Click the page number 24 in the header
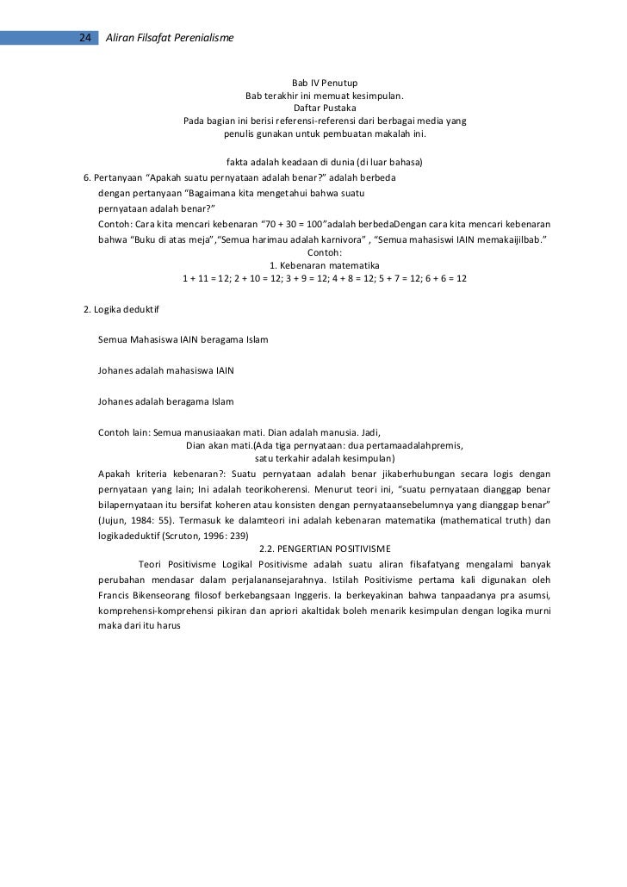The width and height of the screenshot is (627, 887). point(85,38)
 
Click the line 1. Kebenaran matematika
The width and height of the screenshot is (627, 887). point(325,265)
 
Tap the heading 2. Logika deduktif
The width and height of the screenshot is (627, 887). point(121,308)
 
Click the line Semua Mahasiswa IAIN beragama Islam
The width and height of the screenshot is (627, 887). point(183,340)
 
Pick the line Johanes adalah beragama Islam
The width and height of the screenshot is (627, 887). point(165,402)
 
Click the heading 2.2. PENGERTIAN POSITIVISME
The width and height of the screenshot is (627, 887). point(325,549)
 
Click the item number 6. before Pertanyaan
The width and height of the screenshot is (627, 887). point(87,177)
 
